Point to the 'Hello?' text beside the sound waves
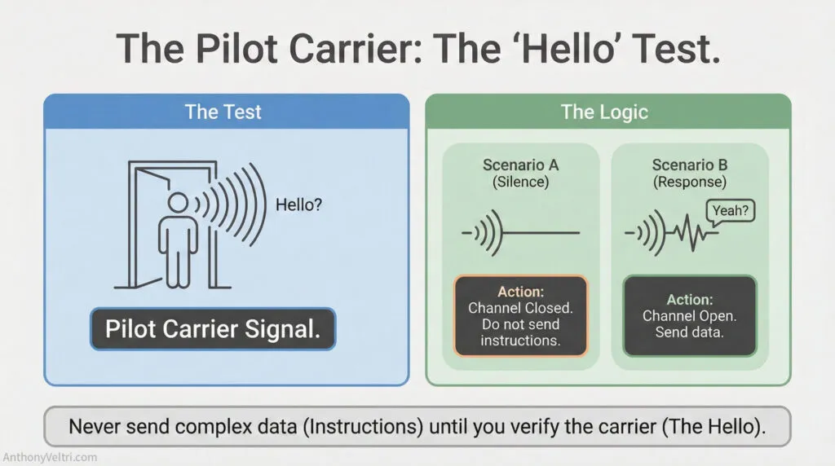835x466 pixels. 299,204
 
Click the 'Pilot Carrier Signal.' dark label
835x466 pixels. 213,329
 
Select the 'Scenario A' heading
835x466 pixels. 520,165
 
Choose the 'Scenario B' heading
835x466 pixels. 690,165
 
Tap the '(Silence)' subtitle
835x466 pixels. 520,182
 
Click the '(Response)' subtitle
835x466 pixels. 690,182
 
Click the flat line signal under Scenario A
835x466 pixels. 542,234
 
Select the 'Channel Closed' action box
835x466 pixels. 520,315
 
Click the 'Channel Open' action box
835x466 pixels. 690,315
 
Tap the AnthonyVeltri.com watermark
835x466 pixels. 51,457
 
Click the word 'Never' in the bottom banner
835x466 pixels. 93,426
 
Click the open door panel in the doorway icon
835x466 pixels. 140,224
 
